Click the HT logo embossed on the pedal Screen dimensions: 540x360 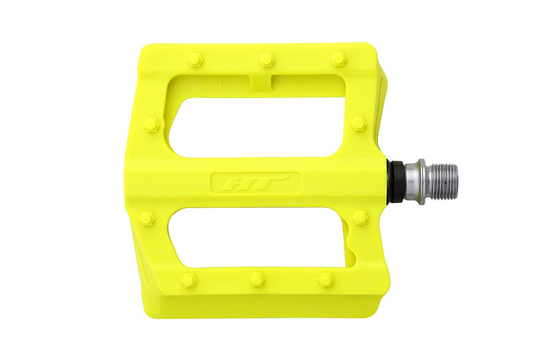(254, 182)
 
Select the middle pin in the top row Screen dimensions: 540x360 (267, 59)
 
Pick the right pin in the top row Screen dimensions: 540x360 (338, 59)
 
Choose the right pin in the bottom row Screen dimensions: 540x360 (326, 279)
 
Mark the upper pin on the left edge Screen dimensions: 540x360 (152, 124)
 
